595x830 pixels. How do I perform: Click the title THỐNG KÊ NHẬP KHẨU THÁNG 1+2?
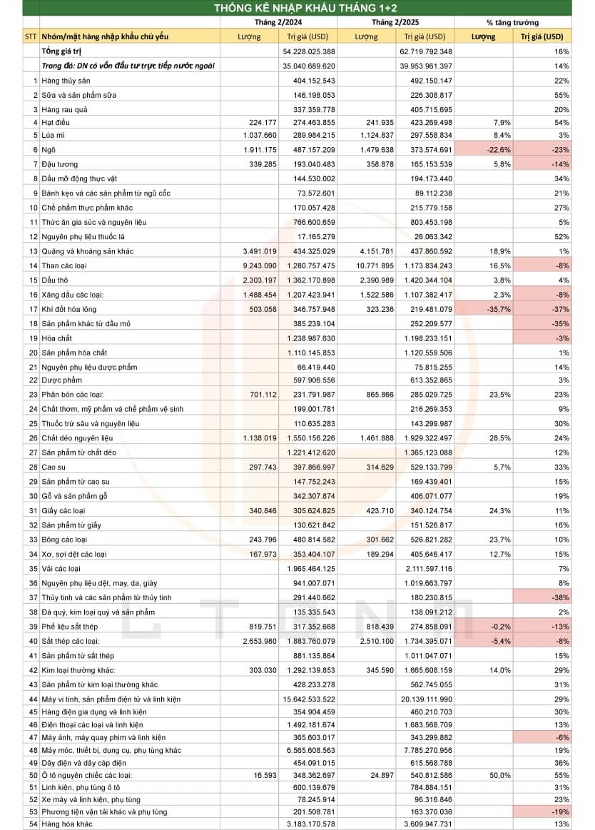(297, 8)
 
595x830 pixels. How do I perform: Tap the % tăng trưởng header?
(512, 22)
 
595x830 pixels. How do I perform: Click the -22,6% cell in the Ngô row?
(484, 150)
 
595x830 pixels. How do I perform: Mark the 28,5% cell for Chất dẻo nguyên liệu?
(484, 438)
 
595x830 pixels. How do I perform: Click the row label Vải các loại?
(61, 568)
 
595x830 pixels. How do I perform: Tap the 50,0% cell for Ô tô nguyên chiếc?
(484, 774)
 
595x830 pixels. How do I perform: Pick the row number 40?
(32, 640)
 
